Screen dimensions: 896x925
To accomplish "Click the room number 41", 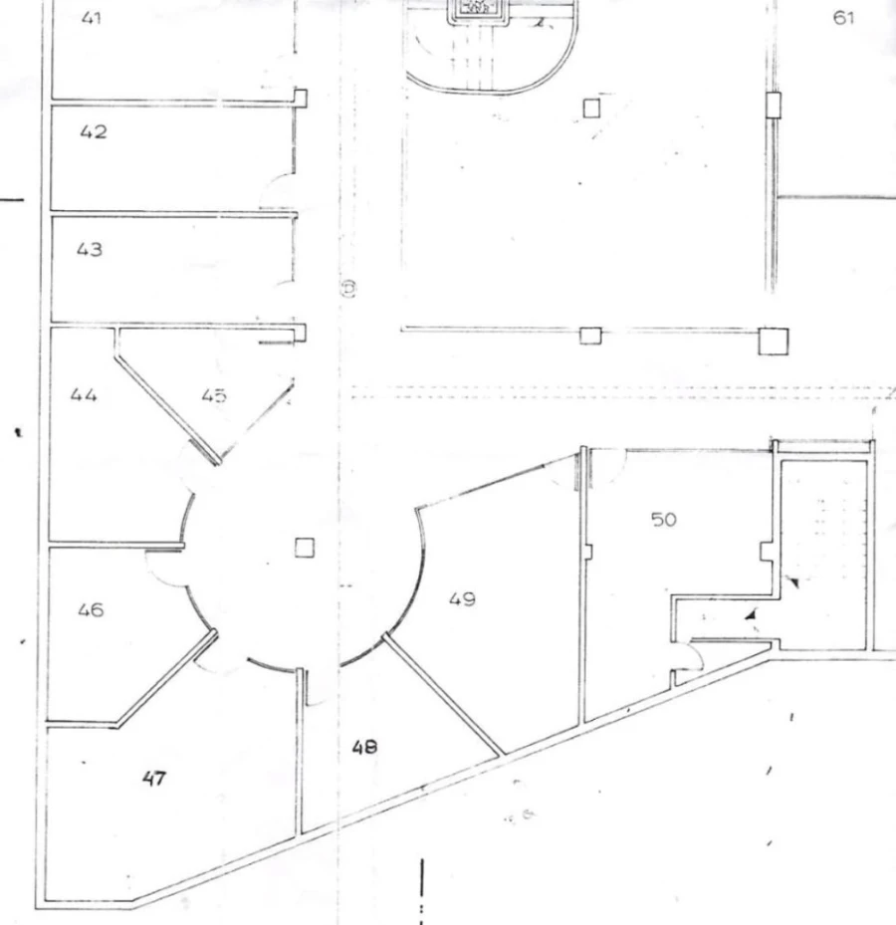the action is coord(91,18).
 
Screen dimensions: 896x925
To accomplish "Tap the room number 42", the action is coord(94,131).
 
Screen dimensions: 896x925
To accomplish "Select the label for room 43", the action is coord(89,250).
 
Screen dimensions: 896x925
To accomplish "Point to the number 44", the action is coord(84,394).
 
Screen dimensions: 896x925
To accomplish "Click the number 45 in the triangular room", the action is coord(213,395).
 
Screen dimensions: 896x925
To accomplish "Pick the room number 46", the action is coord(91,609).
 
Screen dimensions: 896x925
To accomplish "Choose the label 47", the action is coord(154,779).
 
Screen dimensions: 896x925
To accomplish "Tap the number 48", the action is coord(364,748).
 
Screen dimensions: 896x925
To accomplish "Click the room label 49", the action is coord(462,599).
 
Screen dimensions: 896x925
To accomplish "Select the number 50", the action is coord(664,519).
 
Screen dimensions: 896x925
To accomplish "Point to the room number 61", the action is coord(843,18).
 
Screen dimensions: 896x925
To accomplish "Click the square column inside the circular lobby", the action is coord(305,548).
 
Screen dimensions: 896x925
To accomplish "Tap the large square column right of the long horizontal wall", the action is coord(774,342).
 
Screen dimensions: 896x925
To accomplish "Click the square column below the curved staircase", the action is coord(591,109).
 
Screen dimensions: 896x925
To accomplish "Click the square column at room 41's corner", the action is coord(301,98).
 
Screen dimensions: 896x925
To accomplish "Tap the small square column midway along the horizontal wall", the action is coord(590,336).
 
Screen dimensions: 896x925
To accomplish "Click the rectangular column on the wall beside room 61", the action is coord(774,105).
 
